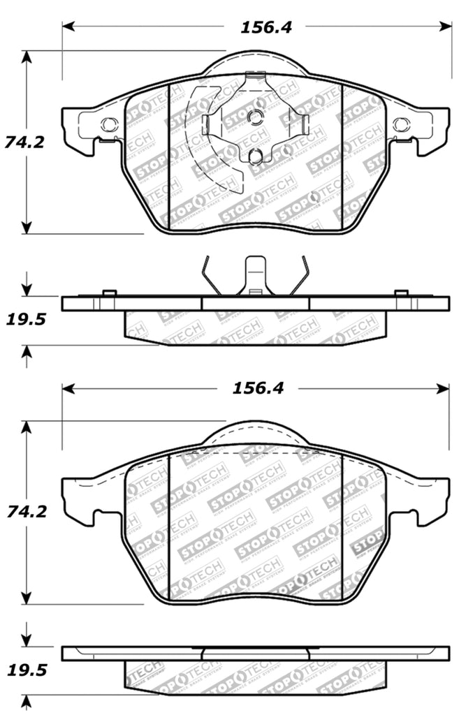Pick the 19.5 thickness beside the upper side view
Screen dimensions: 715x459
(25, 320)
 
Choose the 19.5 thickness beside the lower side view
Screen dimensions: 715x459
(25, 670)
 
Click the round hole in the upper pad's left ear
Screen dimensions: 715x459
(108, 125)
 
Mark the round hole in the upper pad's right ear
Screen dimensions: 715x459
(400, 125)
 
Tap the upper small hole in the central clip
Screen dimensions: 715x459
(256, 117)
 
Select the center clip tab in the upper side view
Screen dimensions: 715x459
(256, 275)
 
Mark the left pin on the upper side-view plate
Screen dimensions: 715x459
(108, 293)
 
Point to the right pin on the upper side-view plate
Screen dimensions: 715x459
(401, 293)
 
